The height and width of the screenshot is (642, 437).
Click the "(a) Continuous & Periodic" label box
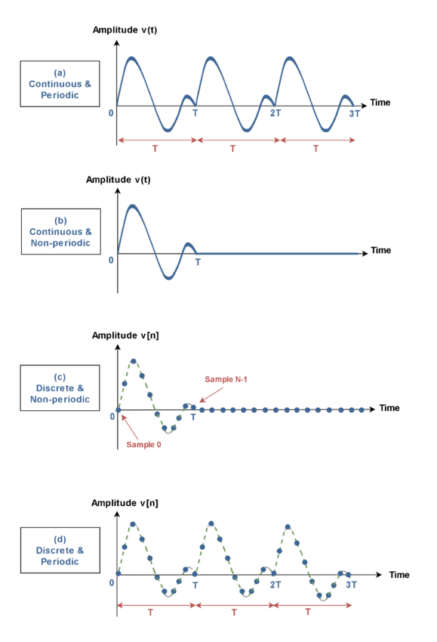tap(60, 84)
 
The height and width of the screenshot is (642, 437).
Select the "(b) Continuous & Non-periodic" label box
tap(61, 232)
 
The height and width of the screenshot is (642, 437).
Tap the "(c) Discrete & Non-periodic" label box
tap(60, 387)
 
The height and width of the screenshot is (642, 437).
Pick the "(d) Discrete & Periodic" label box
tap(60, 551)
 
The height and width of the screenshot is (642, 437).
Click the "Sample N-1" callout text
tap(226, 380)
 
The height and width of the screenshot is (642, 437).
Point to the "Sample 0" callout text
tap(143, 445)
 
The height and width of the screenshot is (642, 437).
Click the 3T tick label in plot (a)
tap(354, 113)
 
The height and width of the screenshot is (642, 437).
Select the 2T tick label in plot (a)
tap(275, 113)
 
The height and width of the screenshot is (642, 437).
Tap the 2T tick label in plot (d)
tap(275, 585)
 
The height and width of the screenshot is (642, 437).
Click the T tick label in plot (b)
tap(198, 262)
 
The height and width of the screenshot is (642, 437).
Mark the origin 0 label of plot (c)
tap(112, 416)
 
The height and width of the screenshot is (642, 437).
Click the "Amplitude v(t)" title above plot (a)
tap(125, 30)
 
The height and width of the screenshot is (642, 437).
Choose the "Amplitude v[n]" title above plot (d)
tap(125, 503)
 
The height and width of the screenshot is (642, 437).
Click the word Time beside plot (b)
tap(381, 250)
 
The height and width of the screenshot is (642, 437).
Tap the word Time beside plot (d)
tap(399, 575)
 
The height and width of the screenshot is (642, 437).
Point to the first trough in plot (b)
tap(168, 277)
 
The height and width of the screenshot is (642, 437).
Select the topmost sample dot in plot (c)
tap(133, 361)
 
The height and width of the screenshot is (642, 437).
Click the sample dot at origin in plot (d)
tap(118, 573)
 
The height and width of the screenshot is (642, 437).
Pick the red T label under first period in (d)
tap(151, 613)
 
